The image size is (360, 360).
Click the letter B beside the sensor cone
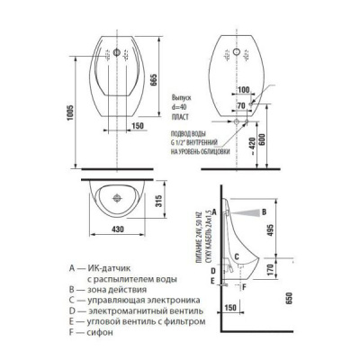[262, 211]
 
